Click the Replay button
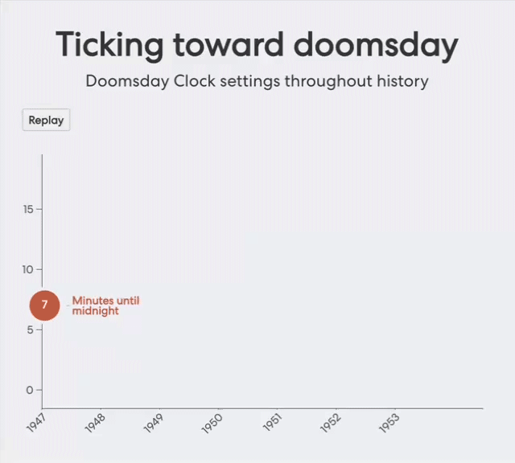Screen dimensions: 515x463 [46, 120]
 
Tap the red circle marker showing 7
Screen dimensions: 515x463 [45, 305]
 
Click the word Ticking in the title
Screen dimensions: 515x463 [109, 46]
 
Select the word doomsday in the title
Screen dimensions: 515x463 [376, 46]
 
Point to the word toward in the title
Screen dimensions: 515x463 [229, 45]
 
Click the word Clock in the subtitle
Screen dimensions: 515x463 [195, 80]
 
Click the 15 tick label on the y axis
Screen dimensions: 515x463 [29, 209]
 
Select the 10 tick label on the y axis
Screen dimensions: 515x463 [28, 270]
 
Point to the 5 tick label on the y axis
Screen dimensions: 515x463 [31, 330]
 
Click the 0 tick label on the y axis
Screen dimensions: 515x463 [30, 390]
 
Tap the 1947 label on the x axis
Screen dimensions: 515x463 [36, 423]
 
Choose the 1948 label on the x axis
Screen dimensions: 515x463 [95, 423]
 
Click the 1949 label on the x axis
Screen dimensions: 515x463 [154, 423]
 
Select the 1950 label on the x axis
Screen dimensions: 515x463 [212, 423]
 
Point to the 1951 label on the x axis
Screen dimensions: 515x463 [272, 423]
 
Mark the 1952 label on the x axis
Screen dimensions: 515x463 [331, 423]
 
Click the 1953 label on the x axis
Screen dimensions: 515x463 [389, 423]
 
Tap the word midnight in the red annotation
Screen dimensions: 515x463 [95, 311]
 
